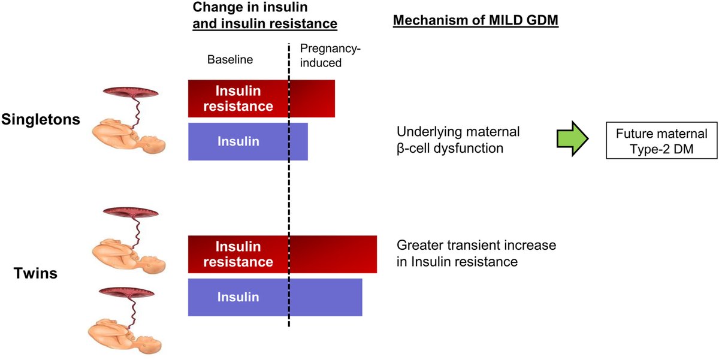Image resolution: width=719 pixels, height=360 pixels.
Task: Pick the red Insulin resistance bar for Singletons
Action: (x=261, y=98)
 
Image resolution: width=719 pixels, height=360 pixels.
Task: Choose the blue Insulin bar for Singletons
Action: (x=247, y=141)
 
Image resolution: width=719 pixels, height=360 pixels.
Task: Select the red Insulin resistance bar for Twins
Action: (x=282, y=255)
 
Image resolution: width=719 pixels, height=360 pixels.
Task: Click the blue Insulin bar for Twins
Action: (x=274, y=297)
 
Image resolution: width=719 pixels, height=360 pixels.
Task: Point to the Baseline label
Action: (x=230, y=60)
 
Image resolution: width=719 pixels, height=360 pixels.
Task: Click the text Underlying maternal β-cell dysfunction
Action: (x=458, y=140)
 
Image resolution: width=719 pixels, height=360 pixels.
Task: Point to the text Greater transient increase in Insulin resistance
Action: (x=476, y=253)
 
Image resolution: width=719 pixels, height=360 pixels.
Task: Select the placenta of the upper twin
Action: (x=131, y=213)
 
